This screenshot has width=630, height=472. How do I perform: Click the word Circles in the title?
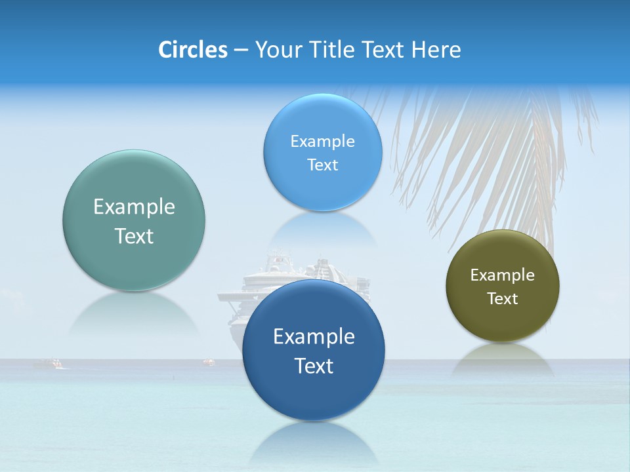(x=192, y=50)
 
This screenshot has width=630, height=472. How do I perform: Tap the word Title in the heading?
(x=333, y=50)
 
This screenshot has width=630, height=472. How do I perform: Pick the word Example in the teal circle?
(x=134, y=207)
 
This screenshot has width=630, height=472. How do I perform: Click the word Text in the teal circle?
(x=134, y=237)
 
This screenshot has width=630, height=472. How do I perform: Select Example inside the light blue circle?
(x=322, y=142)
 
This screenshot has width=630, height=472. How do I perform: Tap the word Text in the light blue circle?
(x=322, y=165)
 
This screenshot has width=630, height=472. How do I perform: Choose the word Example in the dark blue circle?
(x=314, y=337)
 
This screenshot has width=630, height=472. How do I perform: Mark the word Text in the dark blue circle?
(x=314, y=366)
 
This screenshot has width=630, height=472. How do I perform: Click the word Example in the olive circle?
(x=502, y=275)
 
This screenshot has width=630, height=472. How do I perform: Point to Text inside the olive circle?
(x=502, y=299)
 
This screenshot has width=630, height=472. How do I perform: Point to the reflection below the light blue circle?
(x=323, y=229)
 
